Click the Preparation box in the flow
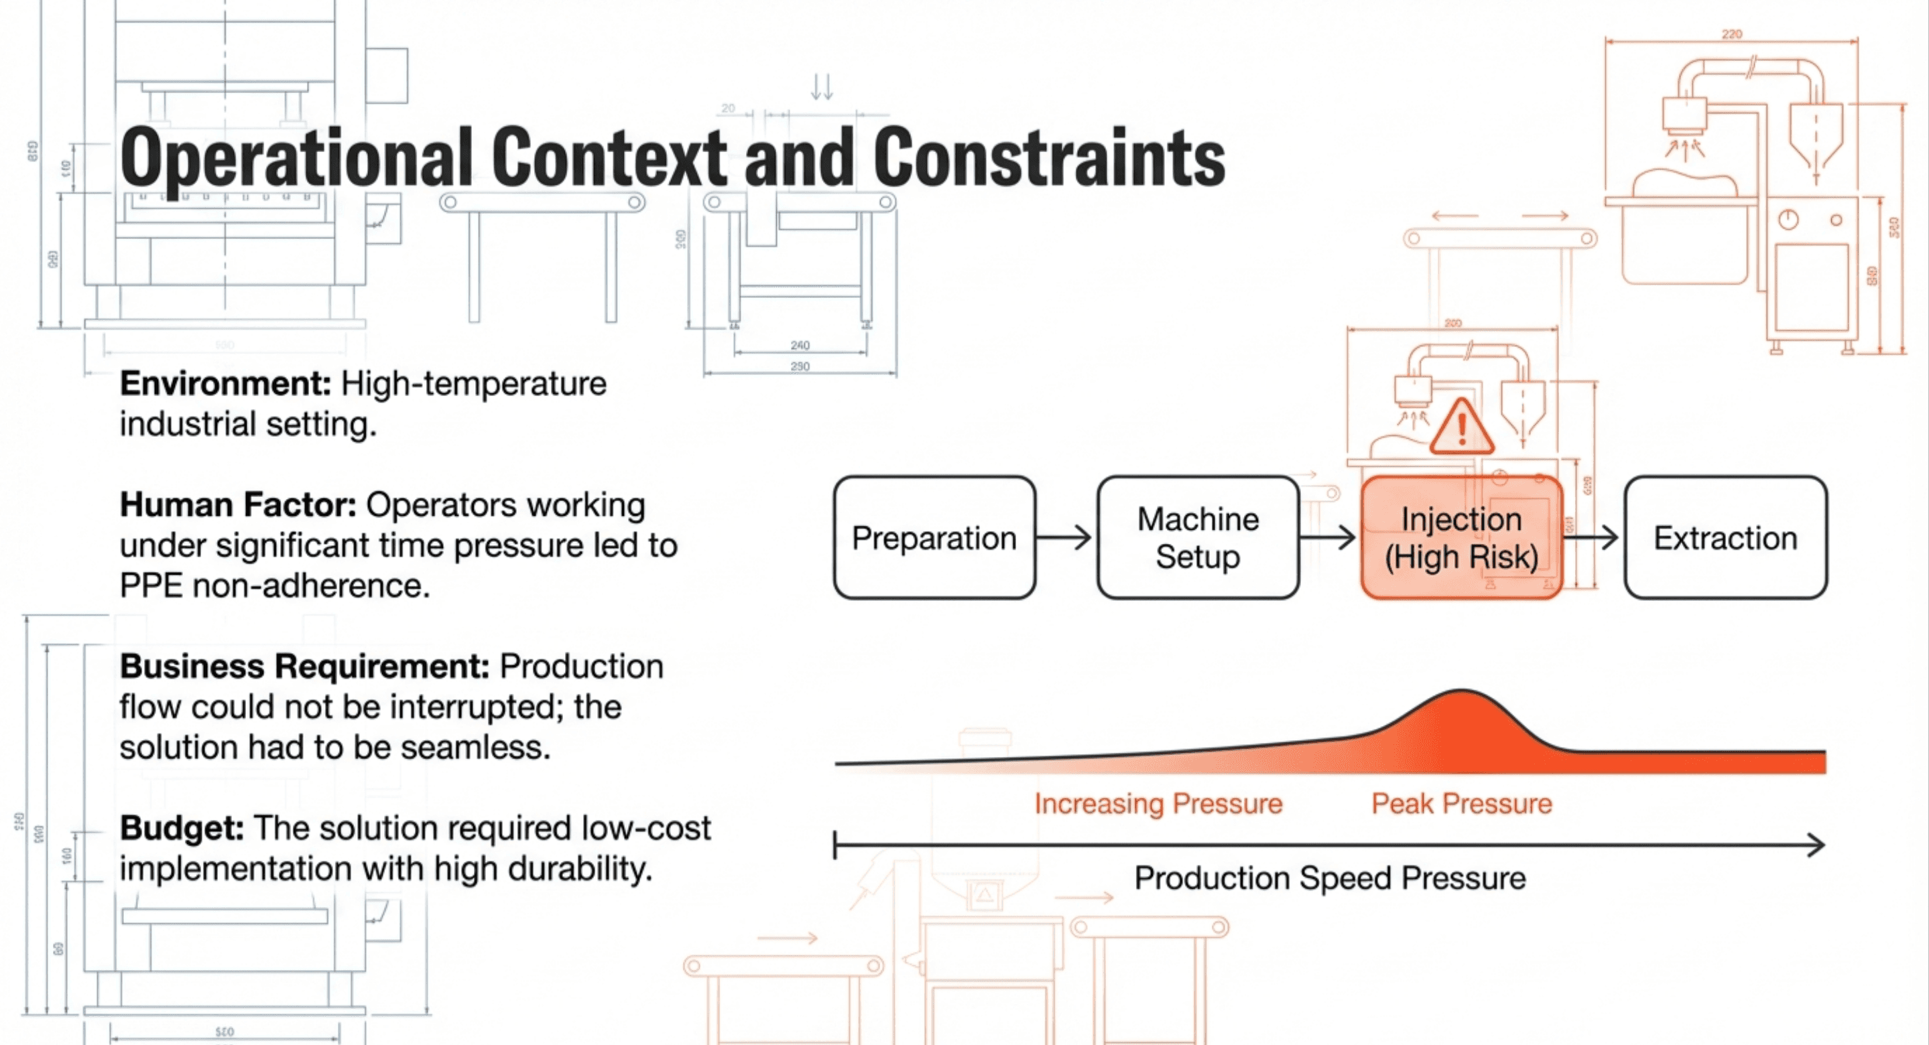pyautogui.click(x=934, y=537)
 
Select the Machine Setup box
pyautogui.click(x=1197, y=537)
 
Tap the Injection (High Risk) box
pyautogui.click(x=1461, y=537)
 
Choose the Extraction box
pyautogui.click(x=1725, y=537)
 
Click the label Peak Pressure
pyautogui.click(x=1461, y=804)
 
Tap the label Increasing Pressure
pyautogui.click(x=1158, y=804)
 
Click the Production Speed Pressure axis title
pyautogui.click(x=1329, y=878)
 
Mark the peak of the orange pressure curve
pyautogui.click(x=1461, y=693)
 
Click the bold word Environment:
pyautogui.click(x=225, y=384)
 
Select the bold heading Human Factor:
pyautogui.click(x=238, y=505)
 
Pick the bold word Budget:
pyautogui.click(x=182, y=829)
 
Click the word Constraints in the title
pyautogui.click(x=1048, y=157)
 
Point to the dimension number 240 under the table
pyautogui.click(x=800, y=345)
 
